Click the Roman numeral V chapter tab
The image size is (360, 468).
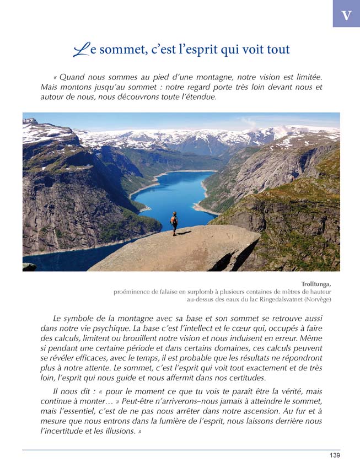coord(346,14)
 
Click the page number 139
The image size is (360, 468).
coord(334,455)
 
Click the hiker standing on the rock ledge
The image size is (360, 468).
coord(174,223)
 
